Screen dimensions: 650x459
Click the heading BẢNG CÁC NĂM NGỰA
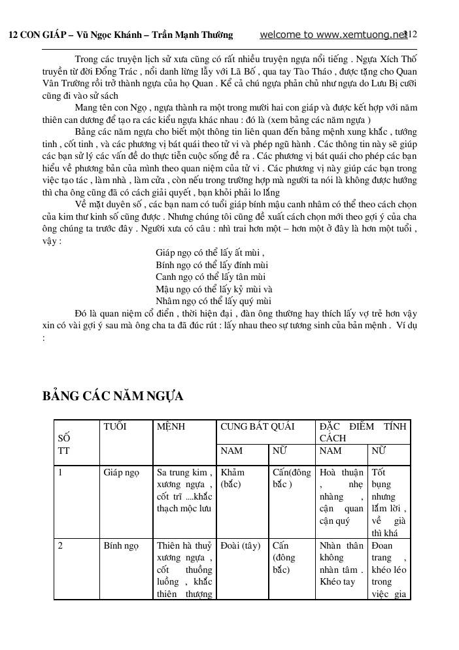(112, 396)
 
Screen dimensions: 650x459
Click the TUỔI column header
(115, 426)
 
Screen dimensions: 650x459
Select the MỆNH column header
(171, 426)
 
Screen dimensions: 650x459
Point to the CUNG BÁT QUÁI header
(258, 426)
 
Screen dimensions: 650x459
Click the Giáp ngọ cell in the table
(121, 472)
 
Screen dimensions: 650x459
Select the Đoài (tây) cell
(241, 545)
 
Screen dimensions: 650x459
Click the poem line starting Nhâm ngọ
(213, 301)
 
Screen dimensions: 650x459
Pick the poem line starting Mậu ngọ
(214, 289)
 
